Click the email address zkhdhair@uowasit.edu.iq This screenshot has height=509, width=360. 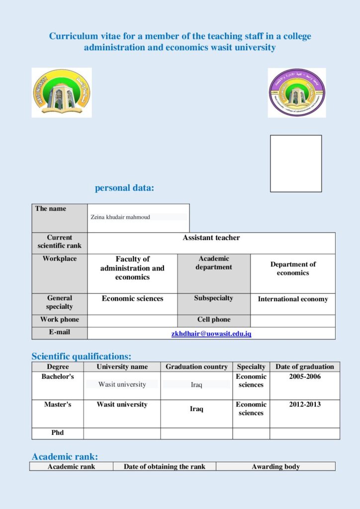click(x=211, y=334)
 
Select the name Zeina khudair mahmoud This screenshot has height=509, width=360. click(x=120, y=217)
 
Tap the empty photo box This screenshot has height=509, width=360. click(x=296, y=164)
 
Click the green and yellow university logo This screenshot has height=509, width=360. click(x=62, y=93)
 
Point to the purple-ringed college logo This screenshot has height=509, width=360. click(x=297, y=93)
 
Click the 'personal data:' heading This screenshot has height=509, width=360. click(x=124, y=188)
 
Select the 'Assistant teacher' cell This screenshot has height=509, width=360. click(x=211, y=238)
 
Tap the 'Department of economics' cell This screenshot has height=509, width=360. click(x=293, y=268)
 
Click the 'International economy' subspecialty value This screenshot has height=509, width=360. click(x=293, y=299)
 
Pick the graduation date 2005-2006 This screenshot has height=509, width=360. click(x=305, y=377)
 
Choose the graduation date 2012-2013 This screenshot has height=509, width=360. click(x=305, y=405)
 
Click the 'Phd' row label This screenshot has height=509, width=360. click(x=58, y=433)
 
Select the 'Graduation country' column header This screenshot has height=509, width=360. click(x=196, y=367)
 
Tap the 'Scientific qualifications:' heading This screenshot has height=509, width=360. click(x=82, y=356)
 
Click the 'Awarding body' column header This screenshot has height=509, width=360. click(x=275, y=467)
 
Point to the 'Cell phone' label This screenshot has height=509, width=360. click(x=214, y=320)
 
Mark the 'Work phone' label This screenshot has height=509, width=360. click(x=60, y=320)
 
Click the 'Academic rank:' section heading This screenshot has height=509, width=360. click(x=65, y=456)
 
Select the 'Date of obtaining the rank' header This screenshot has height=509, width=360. click(x=165, y=467)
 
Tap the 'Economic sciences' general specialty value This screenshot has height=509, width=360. click(x=132, y=299)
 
